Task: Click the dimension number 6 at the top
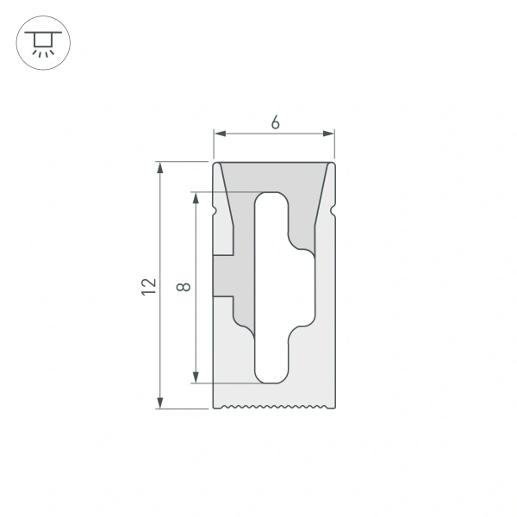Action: pyautogui.click(x=274, y=122)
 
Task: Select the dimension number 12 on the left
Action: pyautogui.click(x=148, y=287)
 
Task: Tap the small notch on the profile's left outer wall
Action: pyautogui.click(x=215, y=209)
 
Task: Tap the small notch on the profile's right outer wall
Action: pyautogui.click(x=333, y=209)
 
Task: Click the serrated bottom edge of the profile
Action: pyautogui.click(x=273, y=405)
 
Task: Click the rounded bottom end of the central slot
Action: pyautogui.click(x=273, y=377)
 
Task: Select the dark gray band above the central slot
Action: pyautogui.click(x=273, y=176)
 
